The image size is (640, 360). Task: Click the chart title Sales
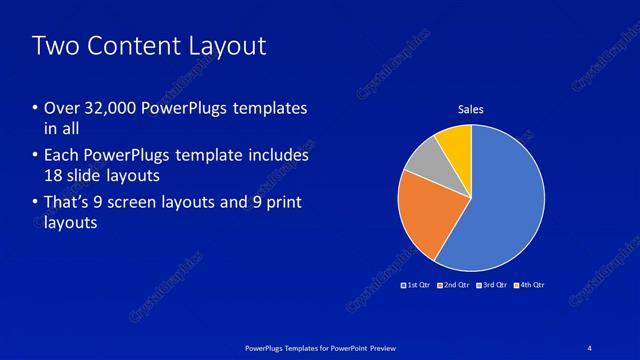click(471, 109)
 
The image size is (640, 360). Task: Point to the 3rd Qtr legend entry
click(490, 285)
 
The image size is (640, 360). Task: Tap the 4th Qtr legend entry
click(529, 285)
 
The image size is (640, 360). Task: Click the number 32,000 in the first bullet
click(111, 108)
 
